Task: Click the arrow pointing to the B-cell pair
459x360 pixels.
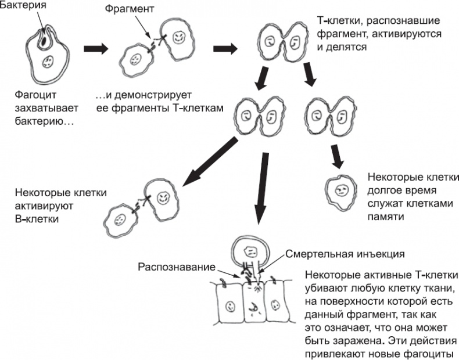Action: coord(206,163)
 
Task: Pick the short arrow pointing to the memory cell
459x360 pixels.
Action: coord(336,158)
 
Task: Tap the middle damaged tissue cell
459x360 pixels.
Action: coord(253,305)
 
